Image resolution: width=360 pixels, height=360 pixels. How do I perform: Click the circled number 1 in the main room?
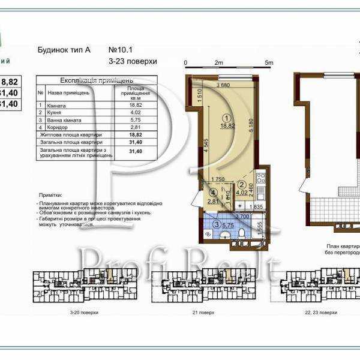(226, 118)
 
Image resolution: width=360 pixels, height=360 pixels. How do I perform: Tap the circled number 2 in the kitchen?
(241, 185)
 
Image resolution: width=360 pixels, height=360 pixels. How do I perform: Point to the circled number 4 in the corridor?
(213, 193)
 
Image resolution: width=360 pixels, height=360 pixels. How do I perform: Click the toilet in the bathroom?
(241, 233)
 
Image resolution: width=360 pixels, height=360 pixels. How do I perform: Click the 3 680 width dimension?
(223, 85)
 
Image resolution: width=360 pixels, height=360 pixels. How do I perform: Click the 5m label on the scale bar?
(269, 62)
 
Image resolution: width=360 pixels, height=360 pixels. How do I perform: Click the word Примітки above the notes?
(49, 196)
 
